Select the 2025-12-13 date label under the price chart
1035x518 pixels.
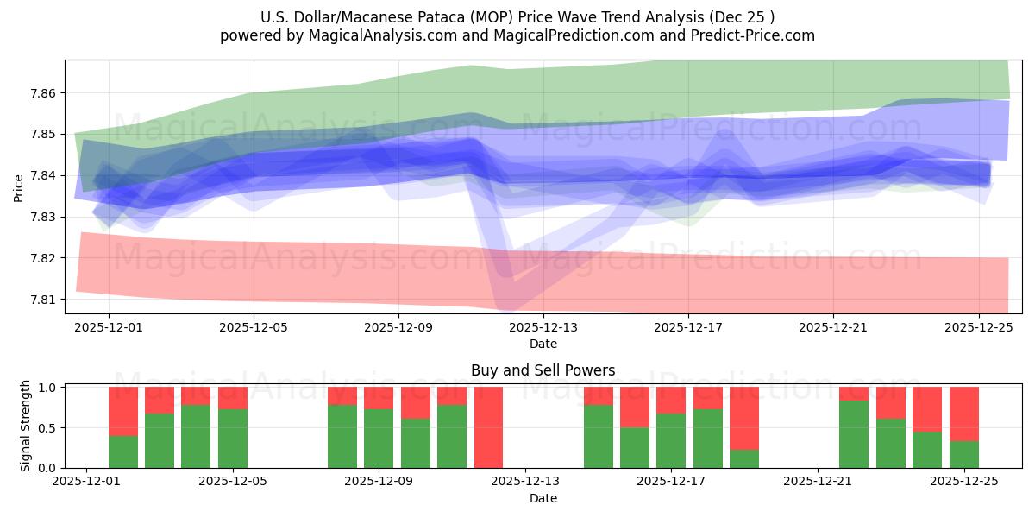point(543,328)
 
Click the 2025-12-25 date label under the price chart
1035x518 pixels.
point(978,328)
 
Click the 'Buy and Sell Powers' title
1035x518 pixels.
point(543,370)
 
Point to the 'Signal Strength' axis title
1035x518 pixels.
point(26,426)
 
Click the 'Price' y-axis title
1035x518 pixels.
point(19,187)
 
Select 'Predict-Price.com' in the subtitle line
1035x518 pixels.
point(756,35)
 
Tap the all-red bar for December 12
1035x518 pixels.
point(488,427)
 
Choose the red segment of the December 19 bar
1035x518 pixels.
point(744,418)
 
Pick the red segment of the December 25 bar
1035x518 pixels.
point(963,414)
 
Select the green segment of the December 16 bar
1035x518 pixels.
point(635,447)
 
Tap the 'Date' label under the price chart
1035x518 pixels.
point(543,344)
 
